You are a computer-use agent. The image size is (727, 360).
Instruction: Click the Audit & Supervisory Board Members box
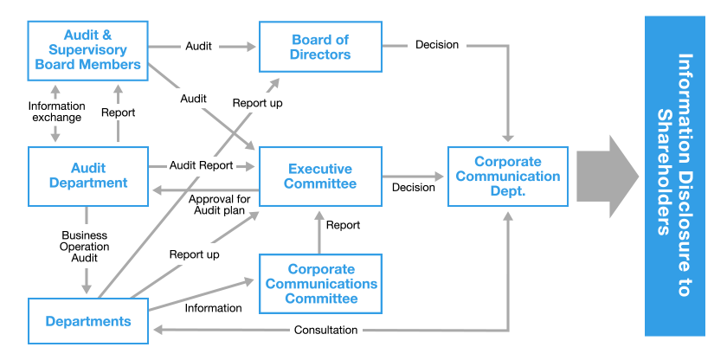(x=87, y=49)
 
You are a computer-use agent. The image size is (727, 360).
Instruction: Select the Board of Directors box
(x=320, y=47)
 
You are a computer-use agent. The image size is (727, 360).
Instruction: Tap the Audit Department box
(x=87, y=176)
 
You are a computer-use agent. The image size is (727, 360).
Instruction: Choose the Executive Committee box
(x=320, y=176)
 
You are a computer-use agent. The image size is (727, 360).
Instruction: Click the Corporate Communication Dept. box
(x=507, y=176)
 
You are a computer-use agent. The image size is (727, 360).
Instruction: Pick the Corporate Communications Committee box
(x=320, y=284)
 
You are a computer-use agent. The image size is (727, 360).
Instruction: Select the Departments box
(x=87, y=321)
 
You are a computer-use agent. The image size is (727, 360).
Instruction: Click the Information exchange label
(x=57, y=112)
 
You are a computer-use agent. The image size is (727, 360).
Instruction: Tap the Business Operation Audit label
(x=85, y=246)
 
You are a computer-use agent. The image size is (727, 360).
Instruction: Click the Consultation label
(x=325, y=330)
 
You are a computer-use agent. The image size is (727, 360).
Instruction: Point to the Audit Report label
(x=202, y=165)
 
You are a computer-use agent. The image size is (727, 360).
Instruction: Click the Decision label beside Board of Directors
(x=437, y=44)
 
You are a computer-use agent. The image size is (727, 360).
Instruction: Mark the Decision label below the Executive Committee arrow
(x=414, y=187)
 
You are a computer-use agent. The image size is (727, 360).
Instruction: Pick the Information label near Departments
(x=213, y=307)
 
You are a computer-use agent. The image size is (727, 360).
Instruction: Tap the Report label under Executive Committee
(x=343, y=225)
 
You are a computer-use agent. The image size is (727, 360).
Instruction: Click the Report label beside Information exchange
(x=118, y=112)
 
